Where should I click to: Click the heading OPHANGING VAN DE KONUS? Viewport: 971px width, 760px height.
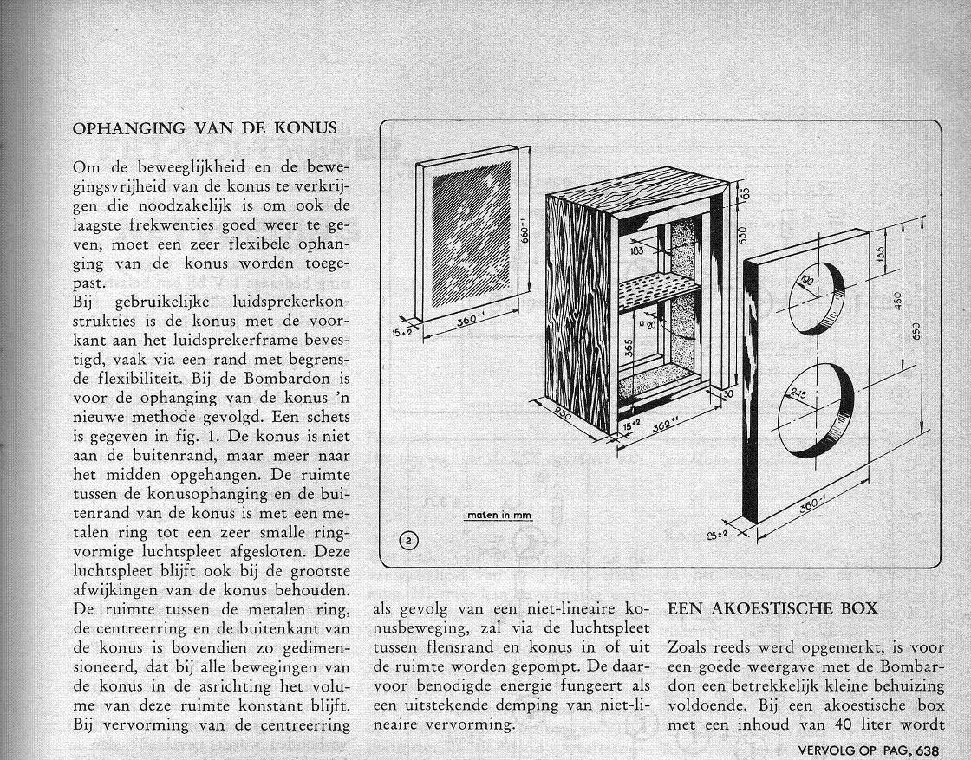[x=204, y=127]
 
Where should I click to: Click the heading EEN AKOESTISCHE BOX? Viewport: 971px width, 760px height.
[x=772, y=608]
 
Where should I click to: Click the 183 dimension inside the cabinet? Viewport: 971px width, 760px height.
[x=637, y=251]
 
